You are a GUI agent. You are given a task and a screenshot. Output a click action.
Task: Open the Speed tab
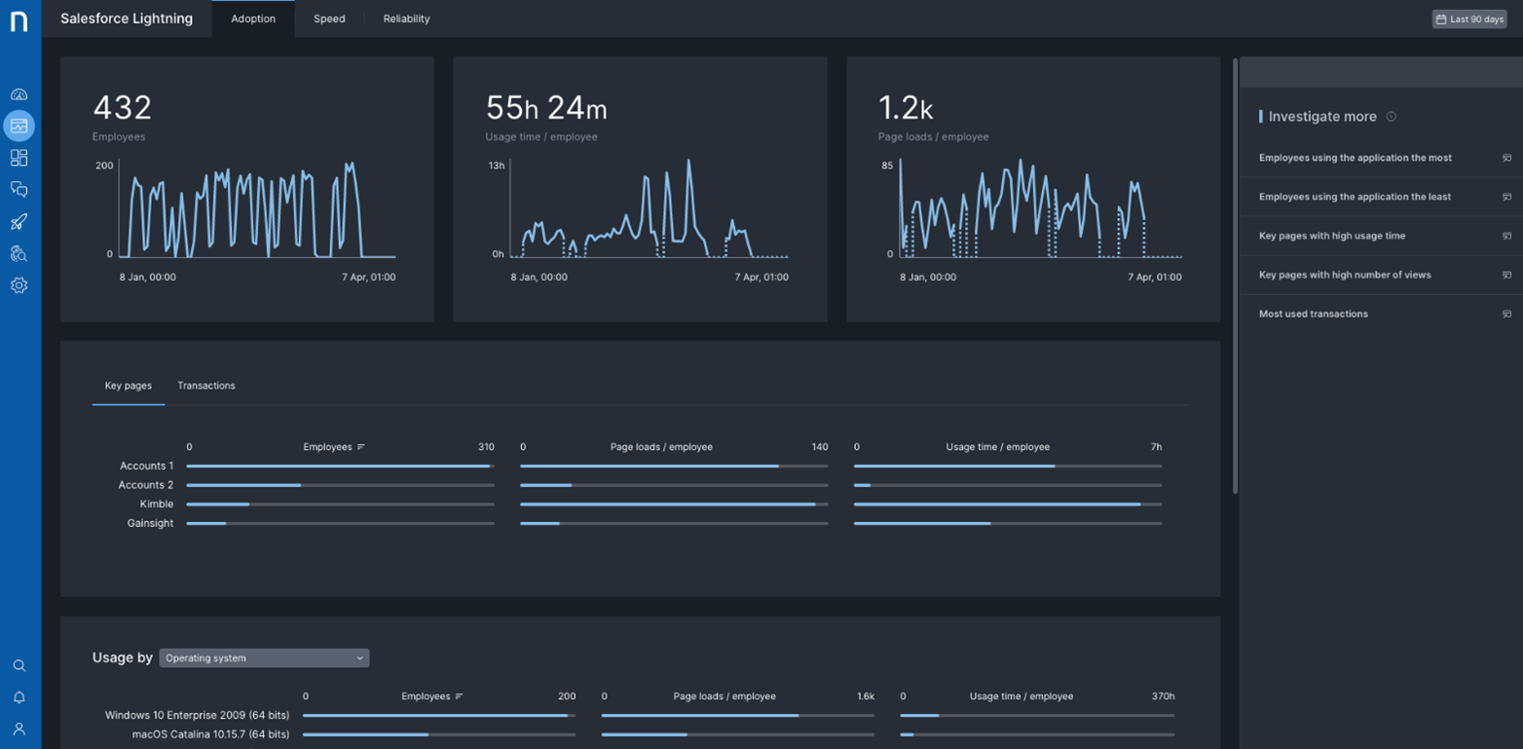(x=329, y=19)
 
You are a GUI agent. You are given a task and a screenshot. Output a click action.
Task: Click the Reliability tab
(x=407, y=19)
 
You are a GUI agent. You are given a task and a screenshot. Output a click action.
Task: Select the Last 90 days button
(x=1469, y=19)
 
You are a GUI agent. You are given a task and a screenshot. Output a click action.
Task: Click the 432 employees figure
(x=123, y=107)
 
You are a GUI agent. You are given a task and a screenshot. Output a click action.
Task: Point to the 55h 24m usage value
(x=546, y=107)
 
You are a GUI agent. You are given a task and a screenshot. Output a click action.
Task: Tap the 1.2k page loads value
(x=906, y=107)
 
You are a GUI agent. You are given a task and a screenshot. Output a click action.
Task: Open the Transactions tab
(x=206, y=386)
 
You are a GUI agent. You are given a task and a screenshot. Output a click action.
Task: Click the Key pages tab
(x=128, y=386)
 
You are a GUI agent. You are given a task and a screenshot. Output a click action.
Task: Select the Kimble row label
(x=157, y=505)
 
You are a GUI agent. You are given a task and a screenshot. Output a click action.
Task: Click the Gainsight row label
(x=150, y=523)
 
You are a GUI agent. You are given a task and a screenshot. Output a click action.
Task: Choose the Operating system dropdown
(x=264, y=657)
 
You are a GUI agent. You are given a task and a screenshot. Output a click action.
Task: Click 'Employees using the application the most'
(x=1356, y=158)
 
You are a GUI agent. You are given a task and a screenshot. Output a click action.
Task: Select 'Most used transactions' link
(x=1314, y=314)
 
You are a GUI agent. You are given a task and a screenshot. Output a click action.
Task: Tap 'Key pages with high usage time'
(x=1332, y=236)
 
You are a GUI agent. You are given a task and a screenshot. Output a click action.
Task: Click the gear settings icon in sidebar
(x=19, y=285)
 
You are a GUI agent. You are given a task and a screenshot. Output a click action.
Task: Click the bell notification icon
(x=19, y=697)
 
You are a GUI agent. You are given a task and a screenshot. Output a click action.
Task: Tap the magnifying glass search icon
(x=19, y=665)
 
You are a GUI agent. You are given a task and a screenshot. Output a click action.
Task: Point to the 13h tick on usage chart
(x=497, y=166)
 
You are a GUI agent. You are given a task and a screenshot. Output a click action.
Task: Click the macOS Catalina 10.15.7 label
(x=210, y=734)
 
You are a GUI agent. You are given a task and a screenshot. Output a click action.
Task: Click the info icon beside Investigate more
(x=1392, y=116)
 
